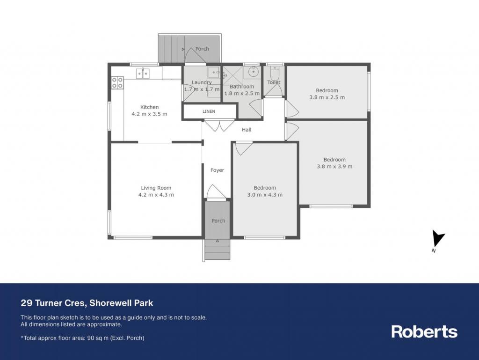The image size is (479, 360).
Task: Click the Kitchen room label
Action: (149, 107)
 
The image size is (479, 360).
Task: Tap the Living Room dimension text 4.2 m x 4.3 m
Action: (156, 195)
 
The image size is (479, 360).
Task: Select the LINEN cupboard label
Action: (209, 111)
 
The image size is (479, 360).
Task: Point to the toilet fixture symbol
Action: (275, 73)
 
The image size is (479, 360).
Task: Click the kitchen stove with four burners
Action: (117, 83)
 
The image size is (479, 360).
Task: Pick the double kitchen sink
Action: (143, 73)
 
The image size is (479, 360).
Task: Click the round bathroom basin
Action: (253, 72)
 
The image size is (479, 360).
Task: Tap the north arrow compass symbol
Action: (438, 240)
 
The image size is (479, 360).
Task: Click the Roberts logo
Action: (424, 331)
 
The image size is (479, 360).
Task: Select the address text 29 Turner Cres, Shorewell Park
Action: (87, 303)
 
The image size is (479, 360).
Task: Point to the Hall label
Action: (247, 130)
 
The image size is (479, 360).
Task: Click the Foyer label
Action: (217, 170)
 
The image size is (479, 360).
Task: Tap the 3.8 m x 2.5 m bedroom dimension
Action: (327, 97)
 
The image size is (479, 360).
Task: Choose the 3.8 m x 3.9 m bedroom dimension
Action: (334, 167)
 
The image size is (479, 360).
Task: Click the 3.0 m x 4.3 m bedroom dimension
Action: (265, 195)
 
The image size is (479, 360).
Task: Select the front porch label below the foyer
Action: (218, 220)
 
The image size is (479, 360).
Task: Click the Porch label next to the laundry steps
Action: (202, 49)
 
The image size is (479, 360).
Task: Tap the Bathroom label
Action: (242, 87)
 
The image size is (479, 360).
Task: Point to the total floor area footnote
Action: (82, 338)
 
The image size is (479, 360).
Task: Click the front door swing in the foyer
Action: (216, 191)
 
